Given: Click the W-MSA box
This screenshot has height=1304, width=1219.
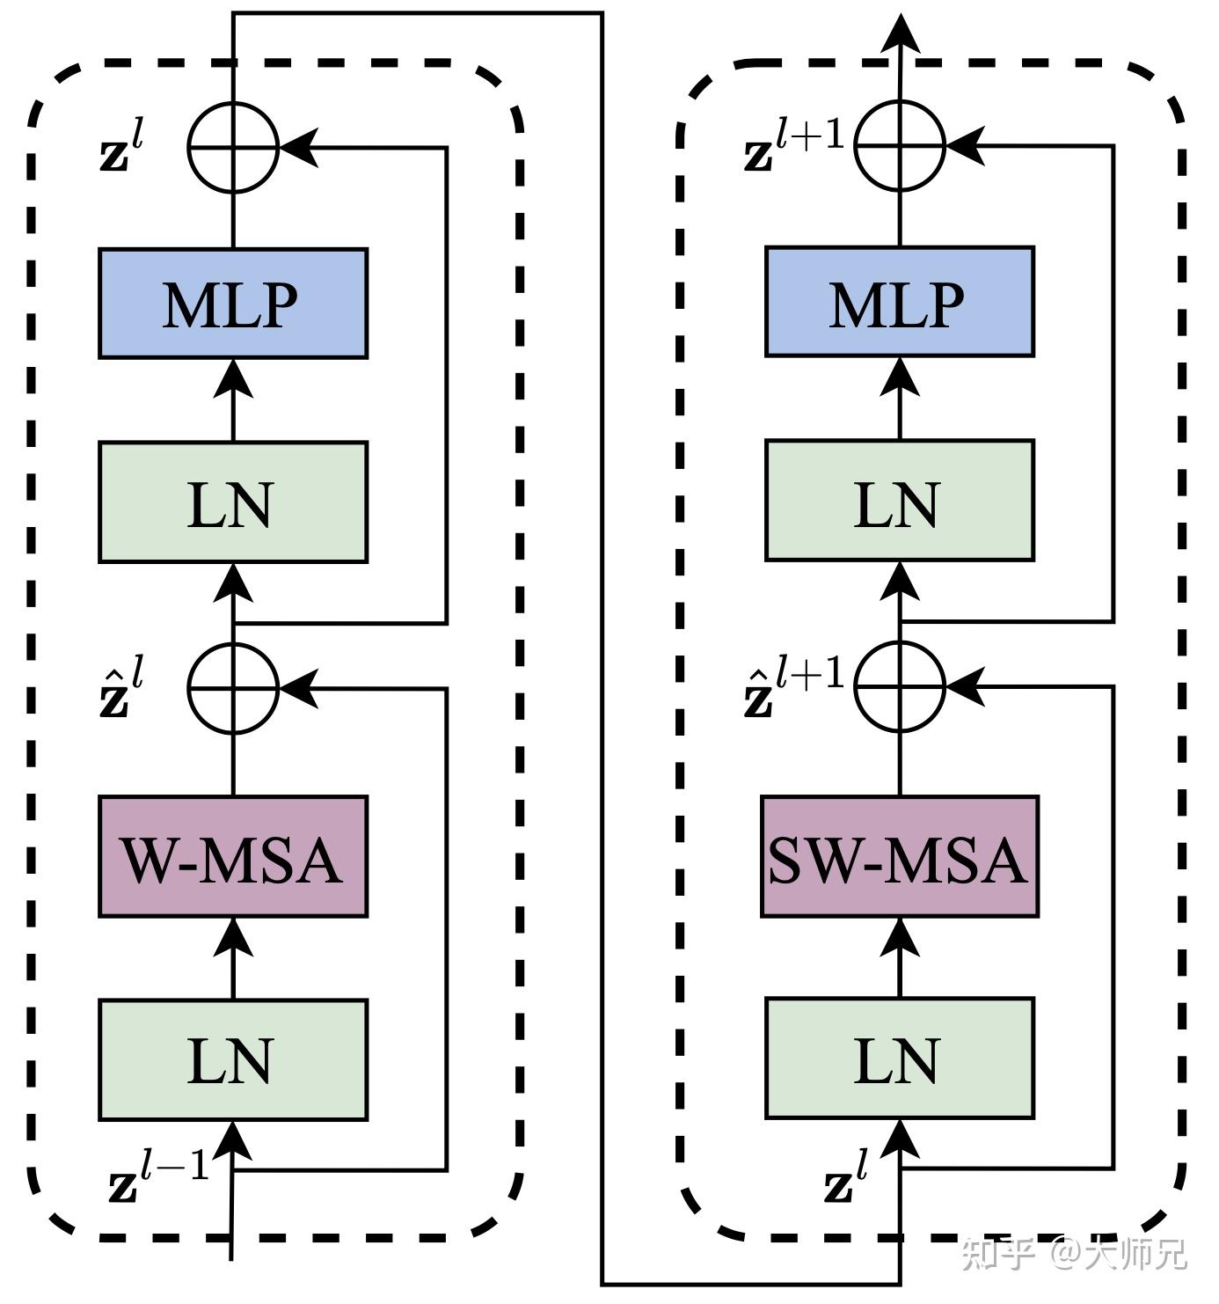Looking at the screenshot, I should click(x=232, y=857).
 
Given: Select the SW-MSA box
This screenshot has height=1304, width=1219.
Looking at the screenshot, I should click(x=899, y=857).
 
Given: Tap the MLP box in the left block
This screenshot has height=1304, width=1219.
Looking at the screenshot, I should click(x=232, y=304).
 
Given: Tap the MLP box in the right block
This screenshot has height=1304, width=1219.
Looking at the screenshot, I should click(x=899, y=302).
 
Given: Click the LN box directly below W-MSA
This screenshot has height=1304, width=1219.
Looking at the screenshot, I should click(x=232, y=1059).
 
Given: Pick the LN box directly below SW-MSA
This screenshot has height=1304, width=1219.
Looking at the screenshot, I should click(x=899, y=1058).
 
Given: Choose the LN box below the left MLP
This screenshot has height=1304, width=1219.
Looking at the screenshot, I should click(x=232, y=502).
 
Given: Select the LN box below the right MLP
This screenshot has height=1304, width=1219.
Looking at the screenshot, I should click(x=899, y=501).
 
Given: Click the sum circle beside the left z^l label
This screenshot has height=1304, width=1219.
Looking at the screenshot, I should click(x=233, y=147).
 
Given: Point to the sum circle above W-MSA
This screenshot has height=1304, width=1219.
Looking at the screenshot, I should click(x=233, y=688).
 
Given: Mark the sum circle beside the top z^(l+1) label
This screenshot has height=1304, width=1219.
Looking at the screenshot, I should click(x=900, y=145).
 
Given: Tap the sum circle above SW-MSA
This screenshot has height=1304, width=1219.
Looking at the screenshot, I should click(x=900, y=686).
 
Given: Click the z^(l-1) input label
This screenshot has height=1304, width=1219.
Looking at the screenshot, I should click(x=158, y=1177).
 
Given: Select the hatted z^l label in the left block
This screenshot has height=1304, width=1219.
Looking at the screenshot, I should click(x=121, y=688).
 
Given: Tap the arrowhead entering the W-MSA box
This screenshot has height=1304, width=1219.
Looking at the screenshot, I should click(x=233, y=934).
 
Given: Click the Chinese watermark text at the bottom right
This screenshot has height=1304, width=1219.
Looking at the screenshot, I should click(x=1073, y=1253).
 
